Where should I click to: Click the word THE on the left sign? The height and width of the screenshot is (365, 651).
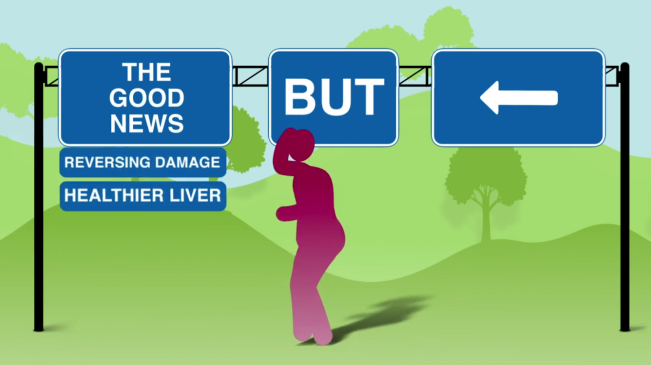pos(146,72)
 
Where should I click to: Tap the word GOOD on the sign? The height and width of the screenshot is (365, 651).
pos(146,98)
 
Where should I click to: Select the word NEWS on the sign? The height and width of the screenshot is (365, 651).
pos(147,123)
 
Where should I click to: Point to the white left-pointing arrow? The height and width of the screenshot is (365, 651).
pos(518,98)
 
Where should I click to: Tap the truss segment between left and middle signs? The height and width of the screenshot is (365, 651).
pos(250,76)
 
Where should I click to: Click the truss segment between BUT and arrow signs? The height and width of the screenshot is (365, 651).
pos(415,76)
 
